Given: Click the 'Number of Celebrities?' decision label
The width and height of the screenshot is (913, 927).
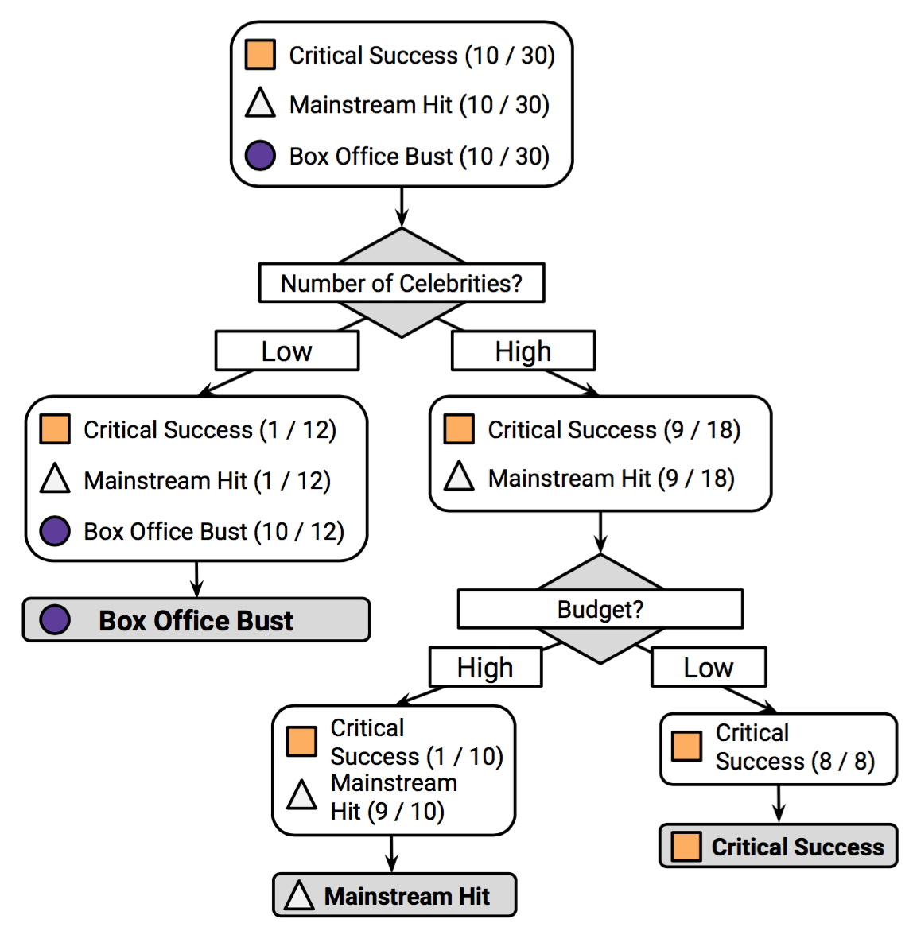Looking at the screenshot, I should [402, 283].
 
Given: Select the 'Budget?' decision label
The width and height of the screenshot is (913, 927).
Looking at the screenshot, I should [600, 609].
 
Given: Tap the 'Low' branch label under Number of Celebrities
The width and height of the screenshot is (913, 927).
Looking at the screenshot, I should [287, 351].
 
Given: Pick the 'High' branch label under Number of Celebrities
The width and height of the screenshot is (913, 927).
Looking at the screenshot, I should [523, 351].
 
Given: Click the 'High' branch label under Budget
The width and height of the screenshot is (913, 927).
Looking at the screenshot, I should [485, 668].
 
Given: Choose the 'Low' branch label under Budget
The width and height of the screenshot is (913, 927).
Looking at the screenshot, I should [709, 668].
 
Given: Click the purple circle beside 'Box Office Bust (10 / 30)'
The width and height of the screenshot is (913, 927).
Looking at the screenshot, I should [260, 156].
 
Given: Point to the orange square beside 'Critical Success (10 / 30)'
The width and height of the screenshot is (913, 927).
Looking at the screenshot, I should [260, 56].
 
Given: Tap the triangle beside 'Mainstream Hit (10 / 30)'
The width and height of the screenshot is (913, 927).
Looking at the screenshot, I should [260, 104].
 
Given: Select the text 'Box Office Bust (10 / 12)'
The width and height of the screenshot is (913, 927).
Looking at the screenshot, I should [214, 531].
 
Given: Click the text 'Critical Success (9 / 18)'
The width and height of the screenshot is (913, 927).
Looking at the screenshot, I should [614, 429].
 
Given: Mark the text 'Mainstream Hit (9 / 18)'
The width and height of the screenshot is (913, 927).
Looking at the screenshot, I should [611, 478].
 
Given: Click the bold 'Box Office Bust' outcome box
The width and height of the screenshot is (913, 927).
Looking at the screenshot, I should [196, 620].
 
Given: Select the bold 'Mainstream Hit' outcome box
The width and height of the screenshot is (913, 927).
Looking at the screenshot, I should [395, 896].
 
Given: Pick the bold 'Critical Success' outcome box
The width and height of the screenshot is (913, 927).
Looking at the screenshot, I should [779, 847].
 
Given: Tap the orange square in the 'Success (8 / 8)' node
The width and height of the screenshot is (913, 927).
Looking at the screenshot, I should [686, 747].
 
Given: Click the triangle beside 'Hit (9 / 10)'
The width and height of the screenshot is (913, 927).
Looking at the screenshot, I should [301, 795].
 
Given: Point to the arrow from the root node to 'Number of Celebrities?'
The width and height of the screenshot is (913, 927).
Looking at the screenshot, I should [402, 208].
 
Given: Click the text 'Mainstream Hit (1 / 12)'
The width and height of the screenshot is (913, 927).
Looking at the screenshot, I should [207, 480].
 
